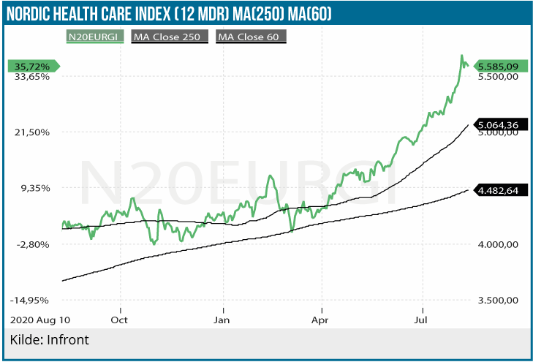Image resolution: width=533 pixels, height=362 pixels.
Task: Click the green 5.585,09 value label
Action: [497, 67]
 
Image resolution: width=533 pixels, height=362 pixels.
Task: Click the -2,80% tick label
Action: [32, 244]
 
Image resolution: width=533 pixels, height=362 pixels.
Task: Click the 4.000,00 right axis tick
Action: [497, 244]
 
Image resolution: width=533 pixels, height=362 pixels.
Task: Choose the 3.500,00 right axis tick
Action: [497, 301]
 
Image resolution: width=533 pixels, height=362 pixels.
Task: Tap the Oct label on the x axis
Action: [120, 320]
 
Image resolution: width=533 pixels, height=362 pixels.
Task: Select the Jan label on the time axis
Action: [222, 320]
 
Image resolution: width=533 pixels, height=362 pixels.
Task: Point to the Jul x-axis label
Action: [421, 320]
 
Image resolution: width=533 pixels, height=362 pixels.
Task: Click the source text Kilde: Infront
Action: [49, 340]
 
